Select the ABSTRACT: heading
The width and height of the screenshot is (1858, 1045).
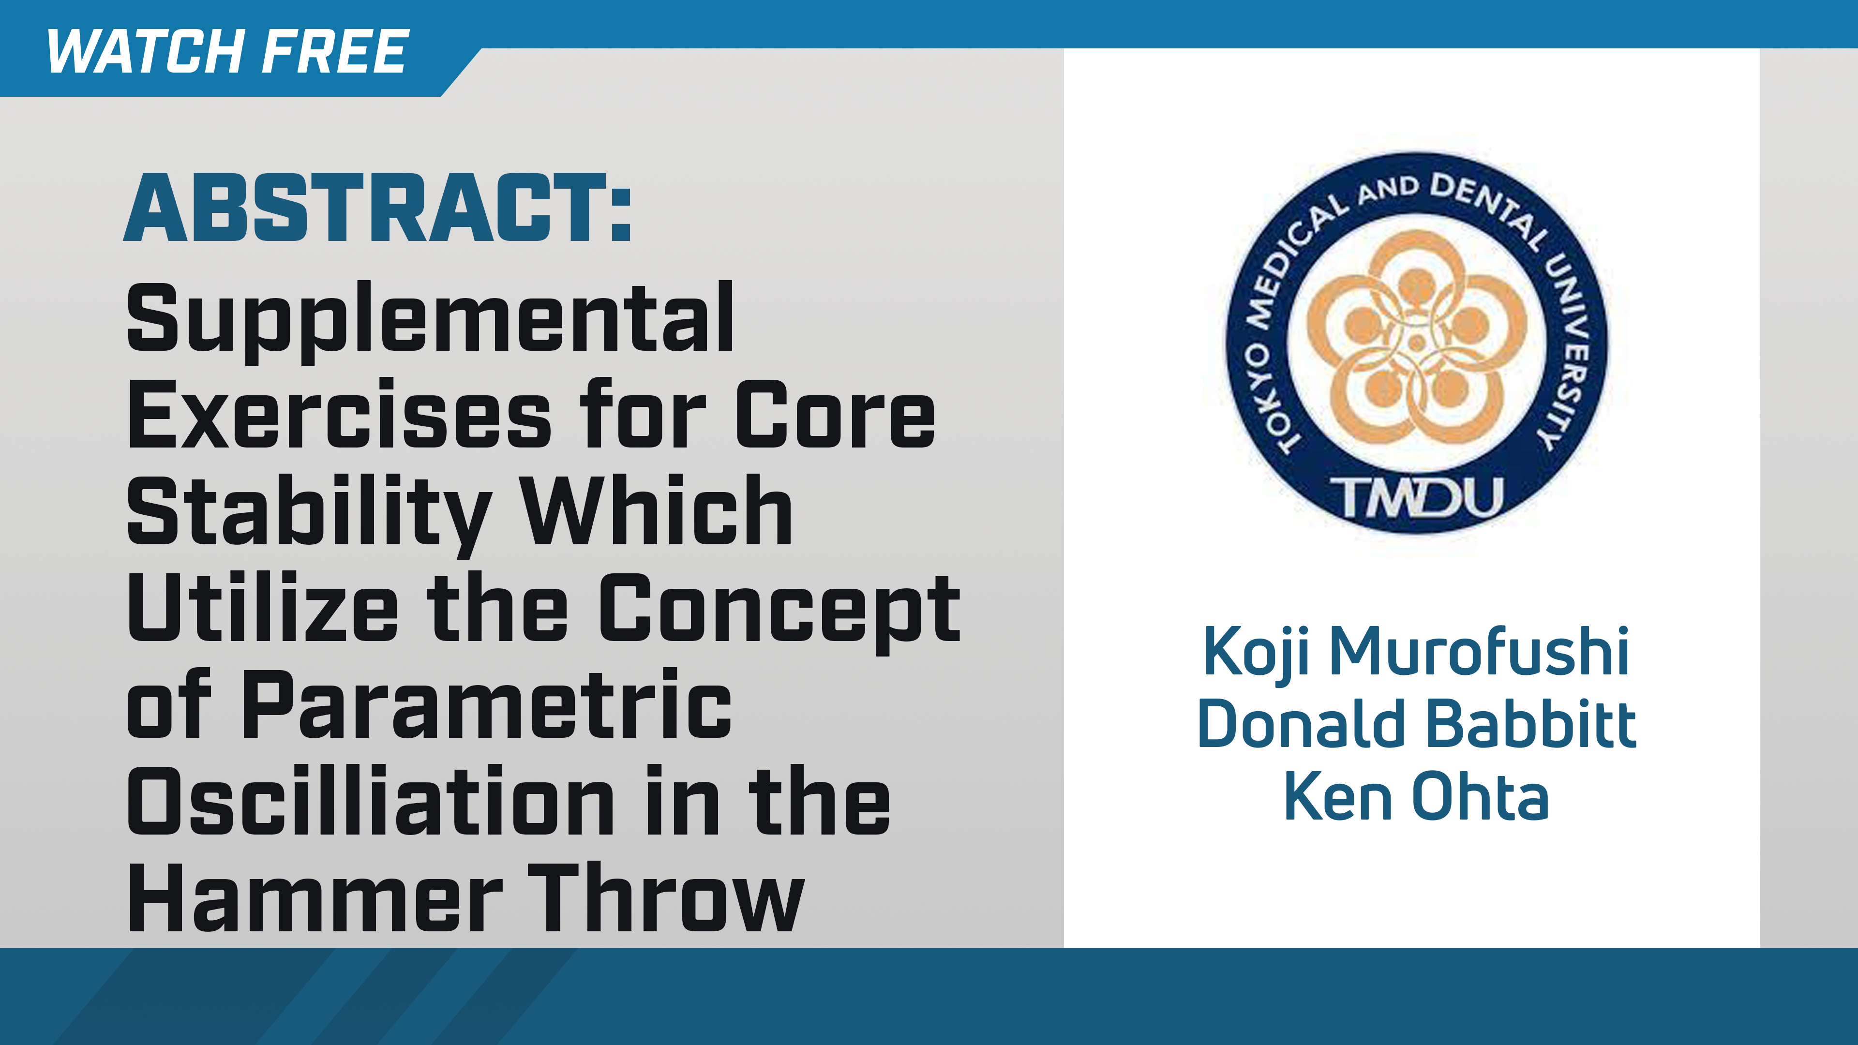[378, 209]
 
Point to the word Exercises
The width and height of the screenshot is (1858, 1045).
[339, 416]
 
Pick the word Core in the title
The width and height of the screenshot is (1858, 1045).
[835, 416]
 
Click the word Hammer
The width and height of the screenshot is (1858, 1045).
[315, 898]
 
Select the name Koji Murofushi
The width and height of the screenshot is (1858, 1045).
[1416, 652]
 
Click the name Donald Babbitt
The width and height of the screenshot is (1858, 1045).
[1416, 724]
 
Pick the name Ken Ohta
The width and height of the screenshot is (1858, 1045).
[1416, 797]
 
